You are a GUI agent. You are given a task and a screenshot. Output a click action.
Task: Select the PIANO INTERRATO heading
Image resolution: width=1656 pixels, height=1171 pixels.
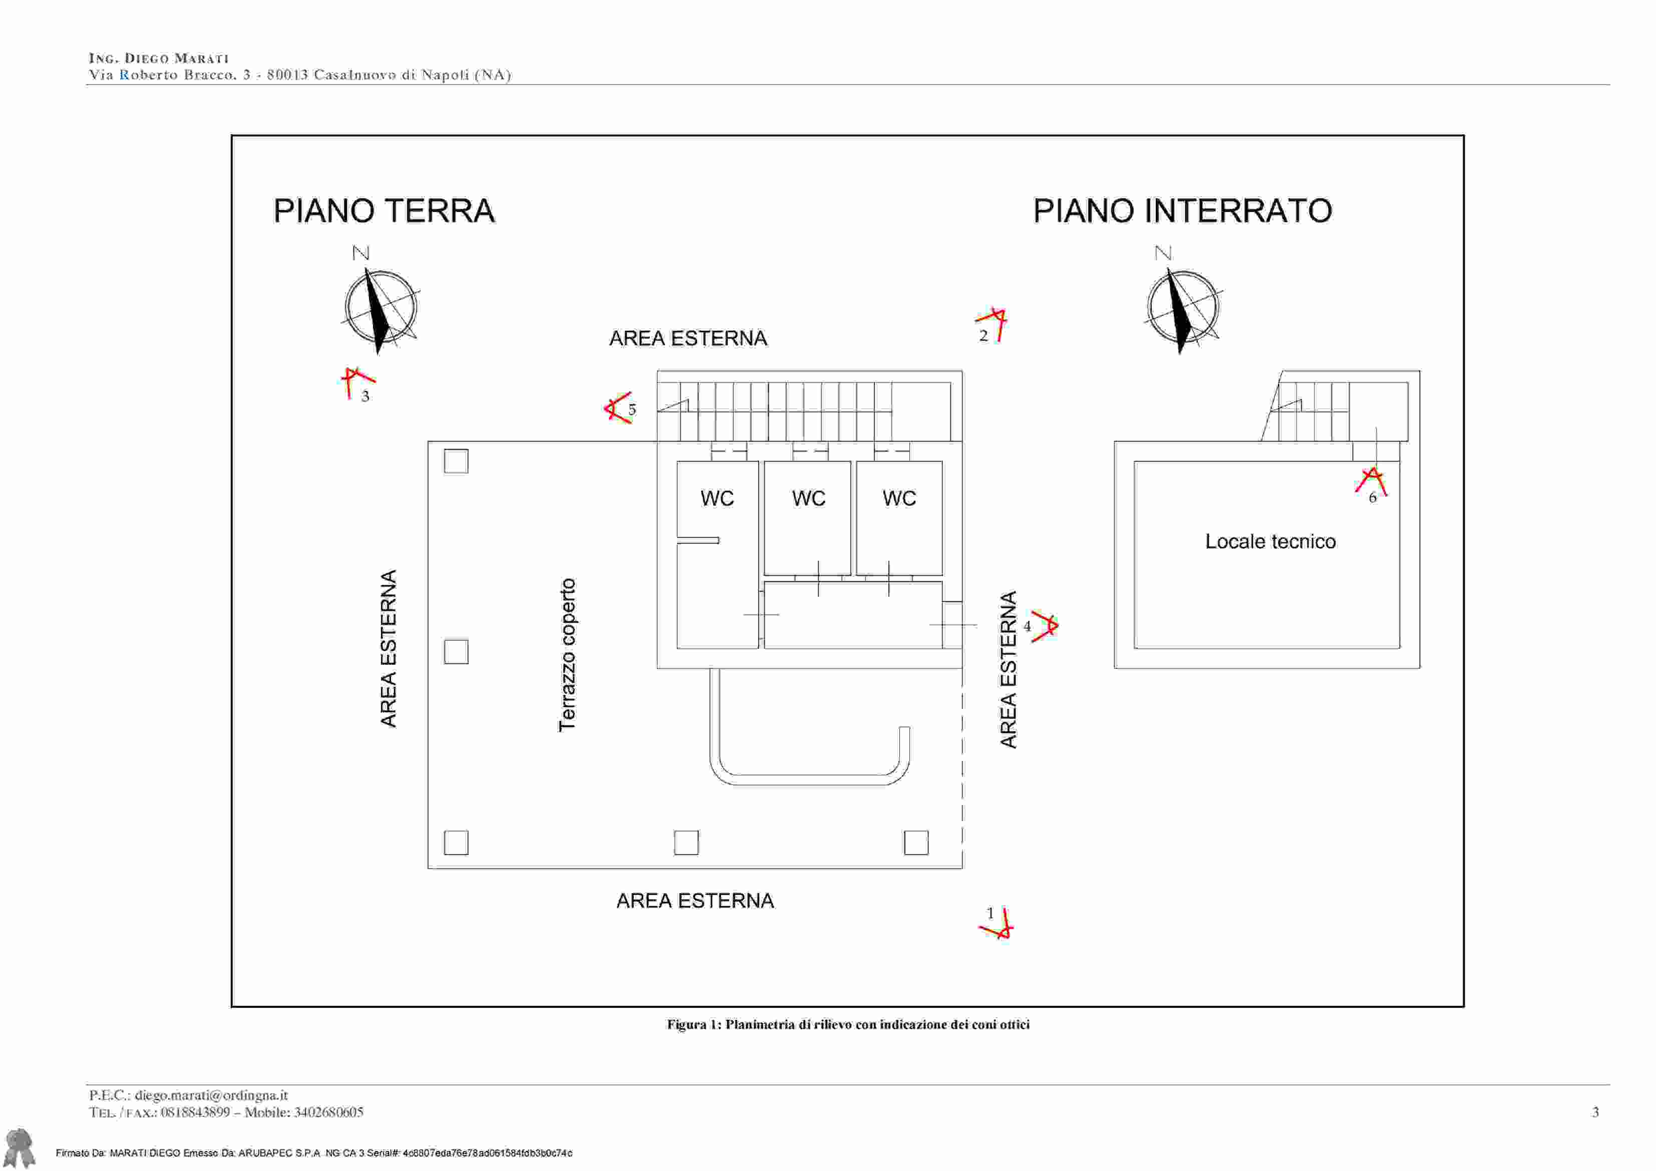pos(1182,211)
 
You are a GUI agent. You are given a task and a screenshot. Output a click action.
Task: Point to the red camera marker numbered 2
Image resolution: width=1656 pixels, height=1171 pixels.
pos(993,324)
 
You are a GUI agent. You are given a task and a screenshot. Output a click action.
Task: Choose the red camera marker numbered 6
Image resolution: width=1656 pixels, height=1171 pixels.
pos(1371,483)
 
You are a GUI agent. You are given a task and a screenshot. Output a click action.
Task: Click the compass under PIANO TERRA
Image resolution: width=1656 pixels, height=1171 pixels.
pos(380,308)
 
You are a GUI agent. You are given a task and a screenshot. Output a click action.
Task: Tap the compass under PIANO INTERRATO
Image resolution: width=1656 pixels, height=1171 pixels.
pos(1182,308)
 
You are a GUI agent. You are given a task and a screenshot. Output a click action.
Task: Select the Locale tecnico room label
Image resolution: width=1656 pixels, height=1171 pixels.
pos(1270,542)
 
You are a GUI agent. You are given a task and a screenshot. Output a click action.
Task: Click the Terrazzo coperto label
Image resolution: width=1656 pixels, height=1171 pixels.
pos(568,655)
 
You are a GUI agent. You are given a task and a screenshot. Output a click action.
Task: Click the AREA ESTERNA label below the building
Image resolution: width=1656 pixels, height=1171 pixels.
pos(695,901)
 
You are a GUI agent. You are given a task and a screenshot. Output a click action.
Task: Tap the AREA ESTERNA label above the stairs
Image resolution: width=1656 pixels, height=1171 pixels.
pos(688,338)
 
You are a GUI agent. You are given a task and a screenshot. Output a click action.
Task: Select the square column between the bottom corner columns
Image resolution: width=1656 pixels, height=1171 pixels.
pos(686,842)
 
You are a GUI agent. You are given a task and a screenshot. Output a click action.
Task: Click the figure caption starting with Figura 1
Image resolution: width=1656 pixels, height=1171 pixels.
pos(848,1025)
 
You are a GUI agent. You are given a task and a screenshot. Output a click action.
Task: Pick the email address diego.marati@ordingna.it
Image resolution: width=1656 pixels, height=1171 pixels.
pos(211,1095)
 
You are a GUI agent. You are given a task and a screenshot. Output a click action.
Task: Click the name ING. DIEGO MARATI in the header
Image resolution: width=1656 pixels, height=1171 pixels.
pos(159,59)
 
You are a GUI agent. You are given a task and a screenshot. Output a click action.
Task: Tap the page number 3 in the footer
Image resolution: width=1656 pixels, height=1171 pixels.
pos(1595,1112)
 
